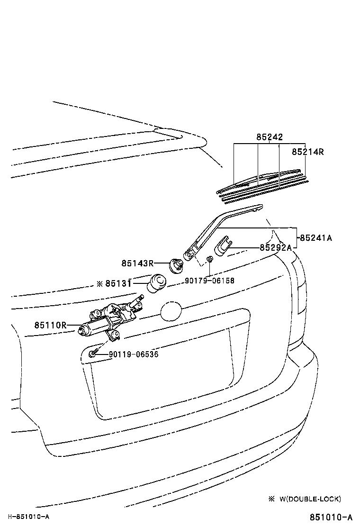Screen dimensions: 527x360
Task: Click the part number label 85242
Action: (x=270, y=137)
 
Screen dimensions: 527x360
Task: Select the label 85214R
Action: (x=307, y=152)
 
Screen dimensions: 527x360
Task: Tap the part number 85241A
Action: (x=315, y=238)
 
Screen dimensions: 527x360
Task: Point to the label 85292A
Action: (x=275, y=247)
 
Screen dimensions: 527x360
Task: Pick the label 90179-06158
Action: (x=209, y=281)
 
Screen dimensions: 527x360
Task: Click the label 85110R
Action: (x=50, y=325)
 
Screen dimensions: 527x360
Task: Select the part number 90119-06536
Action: (x=134, y=354)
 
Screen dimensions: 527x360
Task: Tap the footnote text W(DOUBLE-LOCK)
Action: (x=310, y=499)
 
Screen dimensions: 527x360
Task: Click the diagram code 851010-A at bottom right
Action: (x=331, y=517)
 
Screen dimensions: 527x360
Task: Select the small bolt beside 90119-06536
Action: (x=93, y=353)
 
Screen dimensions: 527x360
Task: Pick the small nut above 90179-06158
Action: (x=209, y=259)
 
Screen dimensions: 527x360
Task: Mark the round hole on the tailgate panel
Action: (x=171, y=312)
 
